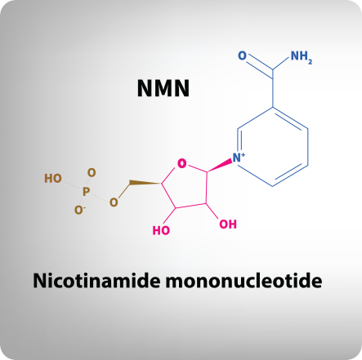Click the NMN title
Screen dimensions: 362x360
163,88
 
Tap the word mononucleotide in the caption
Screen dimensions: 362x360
244,280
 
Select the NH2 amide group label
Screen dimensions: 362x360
302,57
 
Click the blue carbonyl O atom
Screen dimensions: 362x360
242,56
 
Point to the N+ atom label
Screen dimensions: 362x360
239,158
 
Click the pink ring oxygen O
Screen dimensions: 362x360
182,163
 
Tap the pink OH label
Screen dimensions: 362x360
228,224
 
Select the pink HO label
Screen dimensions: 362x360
161,230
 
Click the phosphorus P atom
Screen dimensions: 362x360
86,192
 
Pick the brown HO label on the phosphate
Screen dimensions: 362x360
53,179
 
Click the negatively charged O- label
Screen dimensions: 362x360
79,210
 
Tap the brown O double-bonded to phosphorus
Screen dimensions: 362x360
92,172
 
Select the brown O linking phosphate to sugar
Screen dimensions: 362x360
114,202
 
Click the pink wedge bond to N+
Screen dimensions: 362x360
220,165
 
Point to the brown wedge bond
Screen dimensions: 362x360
145,182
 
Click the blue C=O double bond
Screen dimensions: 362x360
260,66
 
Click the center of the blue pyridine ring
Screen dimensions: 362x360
273,147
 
